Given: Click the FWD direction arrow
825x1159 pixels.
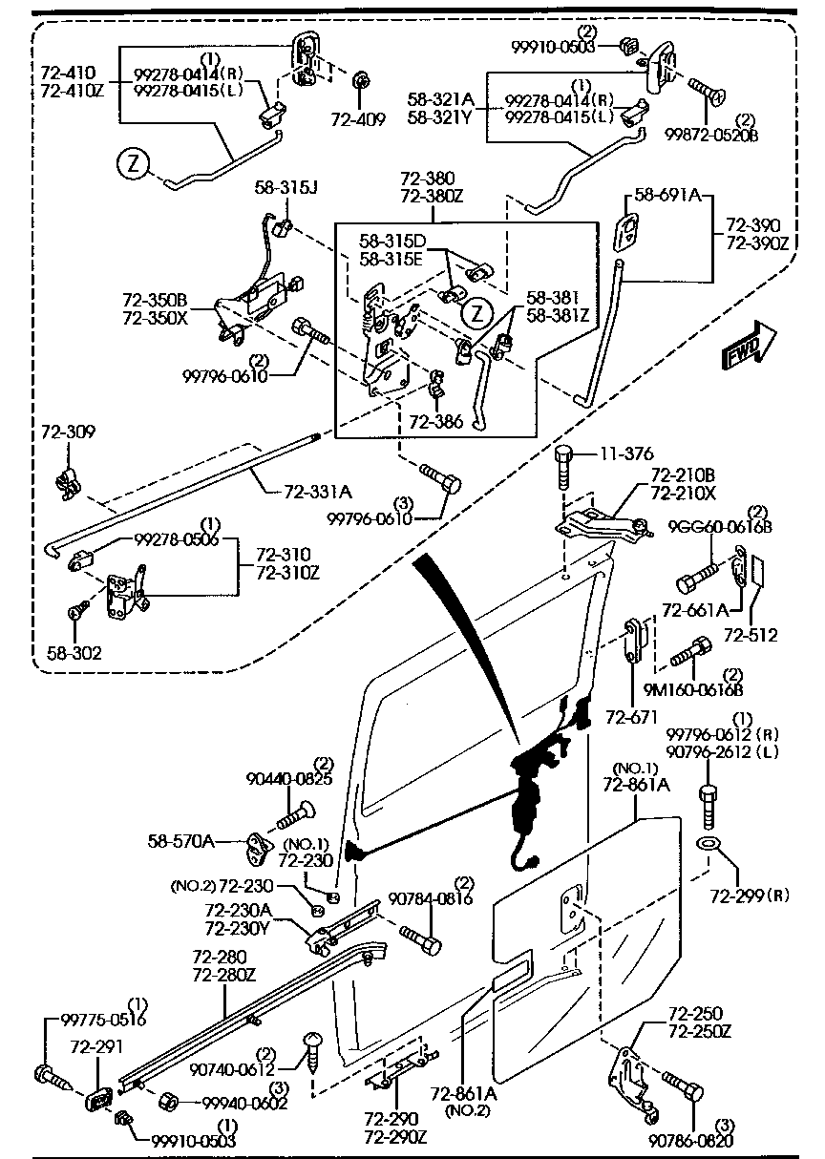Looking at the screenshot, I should (x=750, y=346).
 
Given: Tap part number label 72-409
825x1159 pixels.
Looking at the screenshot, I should (x=358, y=120).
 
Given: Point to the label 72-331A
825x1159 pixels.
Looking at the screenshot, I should (x=318, y=492).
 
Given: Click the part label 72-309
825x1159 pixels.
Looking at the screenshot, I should (x=62, y=432).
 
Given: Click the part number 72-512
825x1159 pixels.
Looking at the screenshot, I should (x=751, y=635).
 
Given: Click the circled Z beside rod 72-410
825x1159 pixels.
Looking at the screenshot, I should (x=135, y=164).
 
